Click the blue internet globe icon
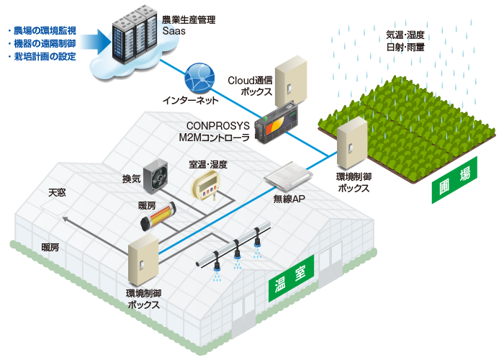pos(199,78)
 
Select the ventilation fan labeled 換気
pos(156,176)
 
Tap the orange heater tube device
pos(158,216)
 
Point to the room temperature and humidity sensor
pos(206,186)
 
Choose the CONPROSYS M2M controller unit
pos(276,122)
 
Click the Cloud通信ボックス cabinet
pos(291,81)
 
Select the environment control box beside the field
pos(352,143)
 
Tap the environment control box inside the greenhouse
pos(143,260)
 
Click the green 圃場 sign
pos(454,180)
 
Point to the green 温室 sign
pos(291,279)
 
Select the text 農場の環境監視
pos(45,30)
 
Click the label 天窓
pos(57,192)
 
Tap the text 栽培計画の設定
pos(45,57)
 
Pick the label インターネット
pos(190,100)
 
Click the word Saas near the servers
pos(174,31)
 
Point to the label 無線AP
pos(289,199)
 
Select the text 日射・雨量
pos(405,48)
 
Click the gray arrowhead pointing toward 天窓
pos(66,220)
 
